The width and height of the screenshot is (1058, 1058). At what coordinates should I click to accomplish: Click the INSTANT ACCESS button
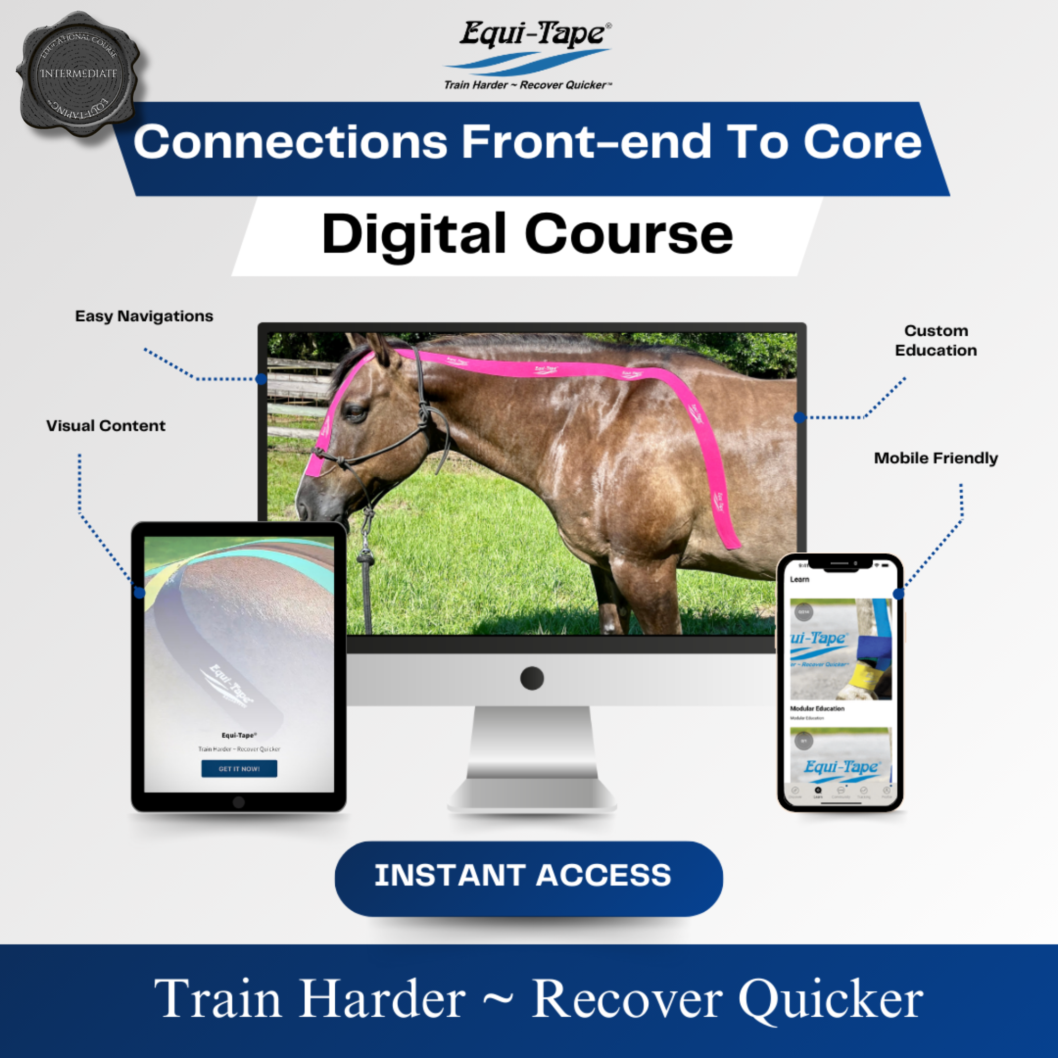528,875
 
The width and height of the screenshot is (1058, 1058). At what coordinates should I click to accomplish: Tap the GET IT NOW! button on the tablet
239,768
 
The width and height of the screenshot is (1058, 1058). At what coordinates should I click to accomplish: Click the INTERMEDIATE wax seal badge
79,73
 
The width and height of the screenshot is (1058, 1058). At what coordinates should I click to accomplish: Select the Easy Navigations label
144,316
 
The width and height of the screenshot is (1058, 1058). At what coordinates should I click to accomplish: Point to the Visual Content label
106,426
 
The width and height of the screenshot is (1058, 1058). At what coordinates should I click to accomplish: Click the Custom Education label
936,340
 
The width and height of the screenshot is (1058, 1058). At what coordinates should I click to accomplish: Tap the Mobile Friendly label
936,458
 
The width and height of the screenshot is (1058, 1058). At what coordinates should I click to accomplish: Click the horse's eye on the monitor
356,412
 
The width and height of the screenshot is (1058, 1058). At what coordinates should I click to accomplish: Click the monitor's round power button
532,678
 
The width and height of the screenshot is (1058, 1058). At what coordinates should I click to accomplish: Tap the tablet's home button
239,802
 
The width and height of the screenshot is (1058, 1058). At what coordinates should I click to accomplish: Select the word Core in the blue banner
863,142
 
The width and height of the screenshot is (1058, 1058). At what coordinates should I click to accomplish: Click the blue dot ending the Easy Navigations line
261,379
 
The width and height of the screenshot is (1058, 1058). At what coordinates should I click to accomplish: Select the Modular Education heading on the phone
817,709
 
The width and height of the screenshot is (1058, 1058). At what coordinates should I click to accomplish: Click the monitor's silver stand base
532,794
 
